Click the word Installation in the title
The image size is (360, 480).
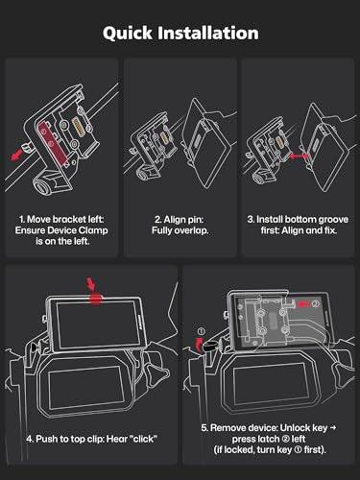coord(208,33)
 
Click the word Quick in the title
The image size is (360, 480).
coord(128,34)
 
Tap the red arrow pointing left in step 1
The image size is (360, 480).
coord(17,156)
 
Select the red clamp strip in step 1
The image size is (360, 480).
coord(53,142)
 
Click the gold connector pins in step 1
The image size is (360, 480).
coord(79,127)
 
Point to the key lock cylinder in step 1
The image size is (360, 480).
coord(41,185)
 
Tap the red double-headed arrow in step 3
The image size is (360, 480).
coord(299,156)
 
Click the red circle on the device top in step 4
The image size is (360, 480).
coord(95,299)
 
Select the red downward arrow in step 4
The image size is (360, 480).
coord(91,284)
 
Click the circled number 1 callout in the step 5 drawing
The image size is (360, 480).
coord(201,331)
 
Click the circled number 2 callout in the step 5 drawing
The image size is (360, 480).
coord(316,303)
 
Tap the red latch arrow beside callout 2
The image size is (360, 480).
coord(303,303)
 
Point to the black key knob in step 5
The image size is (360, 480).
coord(210,346)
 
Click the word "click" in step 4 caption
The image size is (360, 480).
coord(144,439)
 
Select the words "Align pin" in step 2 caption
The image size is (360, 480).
coord(180,220)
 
